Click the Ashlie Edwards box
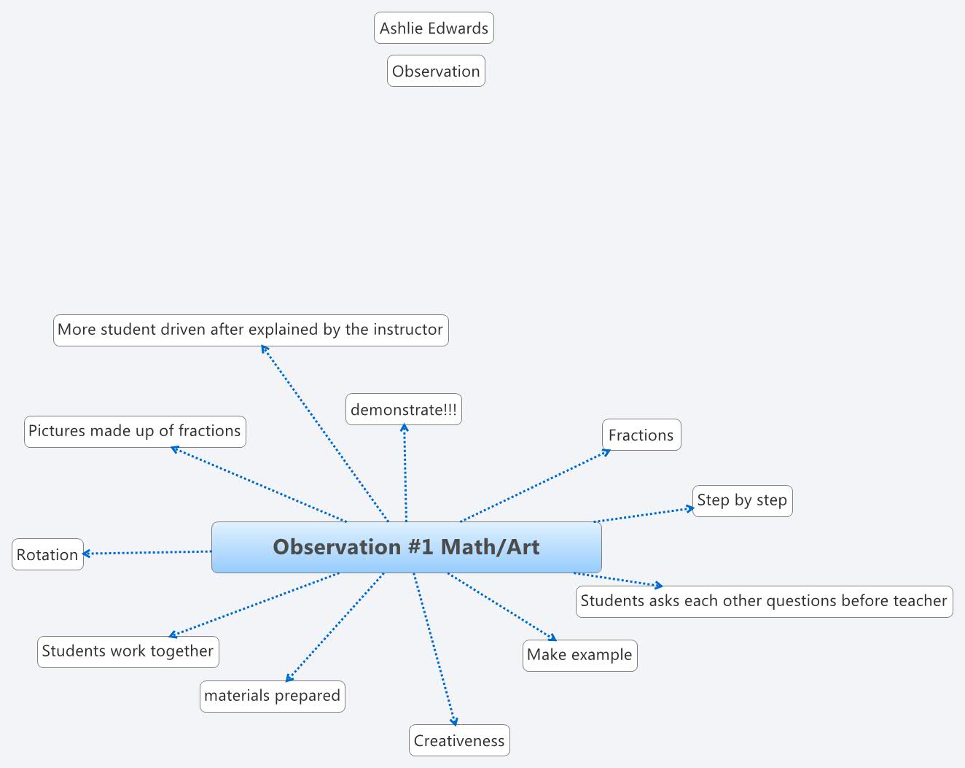click(434, 28)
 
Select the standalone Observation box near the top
click(436, 71)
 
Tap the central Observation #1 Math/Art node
click(406, 547)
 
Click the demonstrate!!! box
click(404, 410)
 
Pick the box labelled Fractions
click(641, 435)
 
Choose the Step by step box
click(742, 501)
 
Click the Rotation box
click(47, 555)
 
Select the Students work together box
click(128, 651)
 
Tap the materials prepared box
click(272, 696)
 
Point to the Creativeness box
click(459, 741)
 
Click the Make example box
click(579, 655)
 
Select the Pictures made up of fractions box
click(135, 431)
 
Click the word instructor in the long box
click(407, 330)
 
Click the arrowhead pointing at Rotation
click(87, 554)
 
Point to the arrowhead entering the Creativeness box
click(455, 722)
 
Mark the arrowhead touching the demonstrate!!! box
click(404, 428)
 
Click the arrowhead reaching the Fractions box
click(606, 452)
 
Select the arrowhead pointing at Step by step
click(690, 508)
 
